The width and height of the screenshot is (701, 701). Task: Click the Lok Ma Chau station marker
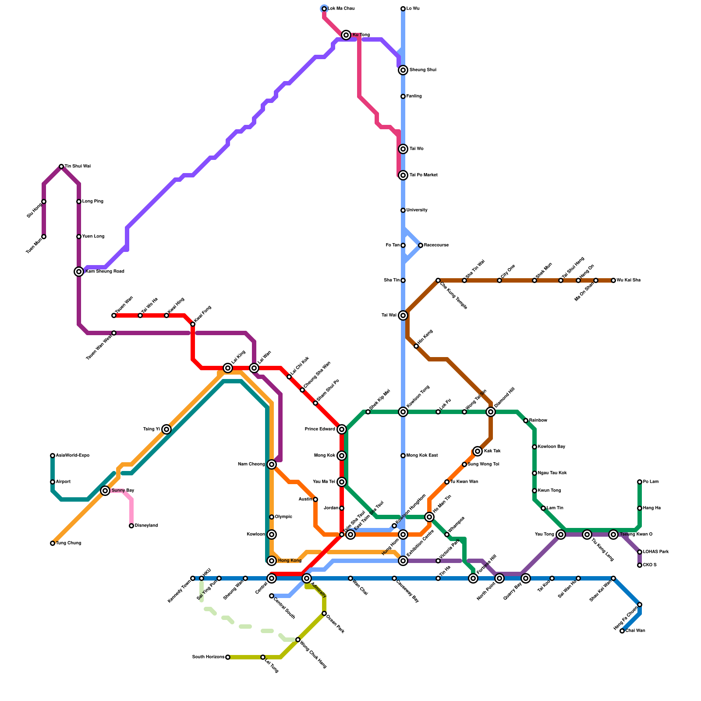pos(324,9)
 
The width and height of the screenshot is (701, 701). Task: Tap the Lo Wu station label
pos(413,9)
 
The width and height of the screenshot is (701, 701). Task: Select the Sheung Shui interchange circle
pos(403,70)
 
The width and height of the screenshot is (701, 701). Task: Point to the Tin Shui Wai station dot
pos(61,166)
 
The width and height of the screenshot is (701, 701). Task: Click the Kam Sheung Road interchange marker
pos(79,272)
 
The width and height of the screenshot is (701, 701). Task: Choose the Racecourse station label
pos(436,245)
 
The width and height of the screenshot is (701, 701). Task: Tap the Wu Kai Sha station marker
pos(613,280)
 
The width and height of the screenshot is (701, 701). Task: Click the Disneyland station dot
pos(131,526)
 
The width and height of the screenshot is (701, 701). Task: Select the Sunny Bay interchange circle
pos(105,491)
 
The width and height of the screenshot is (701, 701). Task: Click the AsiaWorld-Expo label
pos(73,456)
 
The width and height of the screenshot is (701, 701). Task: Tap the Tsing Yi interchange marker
pos(166,429)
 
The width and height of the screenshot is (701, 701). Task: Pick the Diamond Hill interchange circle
pos(491,412)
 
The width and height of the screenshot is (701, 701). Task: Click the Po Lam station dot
pos(640,482)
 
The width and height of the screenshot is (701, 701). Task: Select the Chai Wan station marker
pos(622,631)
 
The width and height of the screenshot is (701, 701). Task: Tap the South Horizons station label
pos(209,657)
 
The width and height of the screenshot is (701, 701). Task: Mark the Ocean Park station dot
pos(324,613)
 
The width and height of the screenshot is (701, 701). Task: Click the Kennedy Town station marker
pos(193,578)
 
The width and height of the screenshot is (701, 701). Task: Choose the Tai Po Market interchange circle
pos(403,175)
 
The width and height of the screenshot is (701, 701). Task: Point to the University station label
pos(417,210)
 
